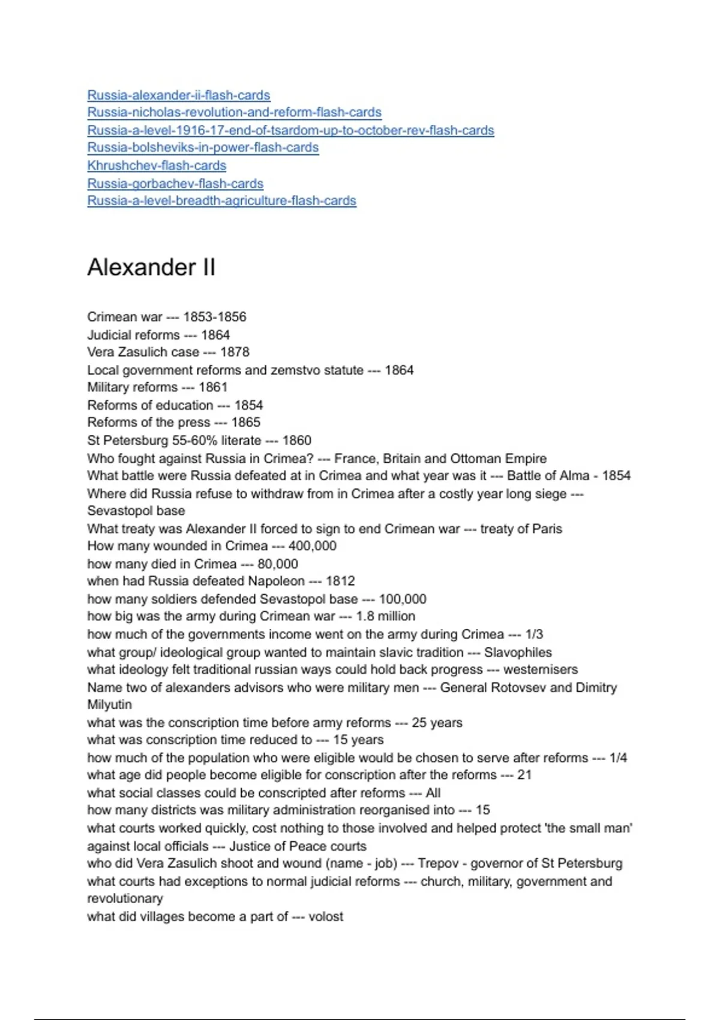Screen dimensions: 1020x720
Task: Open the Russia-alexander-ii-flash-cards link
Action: click(x=178, y=95)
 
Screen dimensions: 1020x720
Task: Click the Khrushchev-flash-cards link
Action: click(x=157, y=165)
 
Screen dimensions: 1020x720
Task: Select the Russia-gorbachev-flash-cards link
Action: click(x=175, y=183)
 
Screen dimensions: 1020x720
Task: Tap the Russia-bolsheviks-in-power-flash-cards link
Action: click(x=203, y=147)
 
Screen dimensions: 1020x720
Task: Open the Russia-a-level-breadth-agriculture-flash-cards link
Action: click(x=221, y=200)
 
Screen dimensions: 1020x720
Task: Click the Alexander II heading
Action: click(x=151, y=267)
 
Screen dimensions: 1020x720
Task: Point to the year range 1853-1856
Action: click(x=215, y=317)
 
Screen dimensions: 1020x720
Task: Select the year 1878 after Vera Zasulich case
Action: click(x=235, y=352)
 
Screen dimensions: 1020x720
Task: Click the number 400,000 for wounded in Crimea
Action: click(x=312, y=545)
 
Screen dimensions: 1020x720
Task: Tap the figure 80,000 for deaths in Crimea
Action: click(x=278, y=563)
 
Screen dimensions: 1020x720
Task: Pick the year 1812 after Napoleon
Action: click(x=340, y=581)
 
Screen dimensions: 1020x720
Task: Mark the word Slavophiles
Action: click(x=518, y=652)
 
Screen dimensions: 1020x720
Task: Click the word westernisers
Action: click(x=541, y=669)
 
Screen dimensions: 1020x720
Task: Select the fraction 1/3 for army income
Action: click(x=534, y=634)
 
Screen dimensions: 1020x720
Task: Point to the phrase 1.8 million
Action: click(x=385, y=616)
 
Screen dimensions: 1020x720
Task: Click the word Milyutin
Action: click(x=109, y=704)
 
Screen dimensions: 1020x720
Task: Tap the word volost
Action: click(x=326, y=916)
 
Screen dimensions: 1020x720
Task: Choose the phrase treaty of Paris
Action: click(x=521, y=529)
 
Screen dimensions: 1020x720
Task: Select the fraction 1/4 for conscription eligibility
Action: click(x=618, y=758)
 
